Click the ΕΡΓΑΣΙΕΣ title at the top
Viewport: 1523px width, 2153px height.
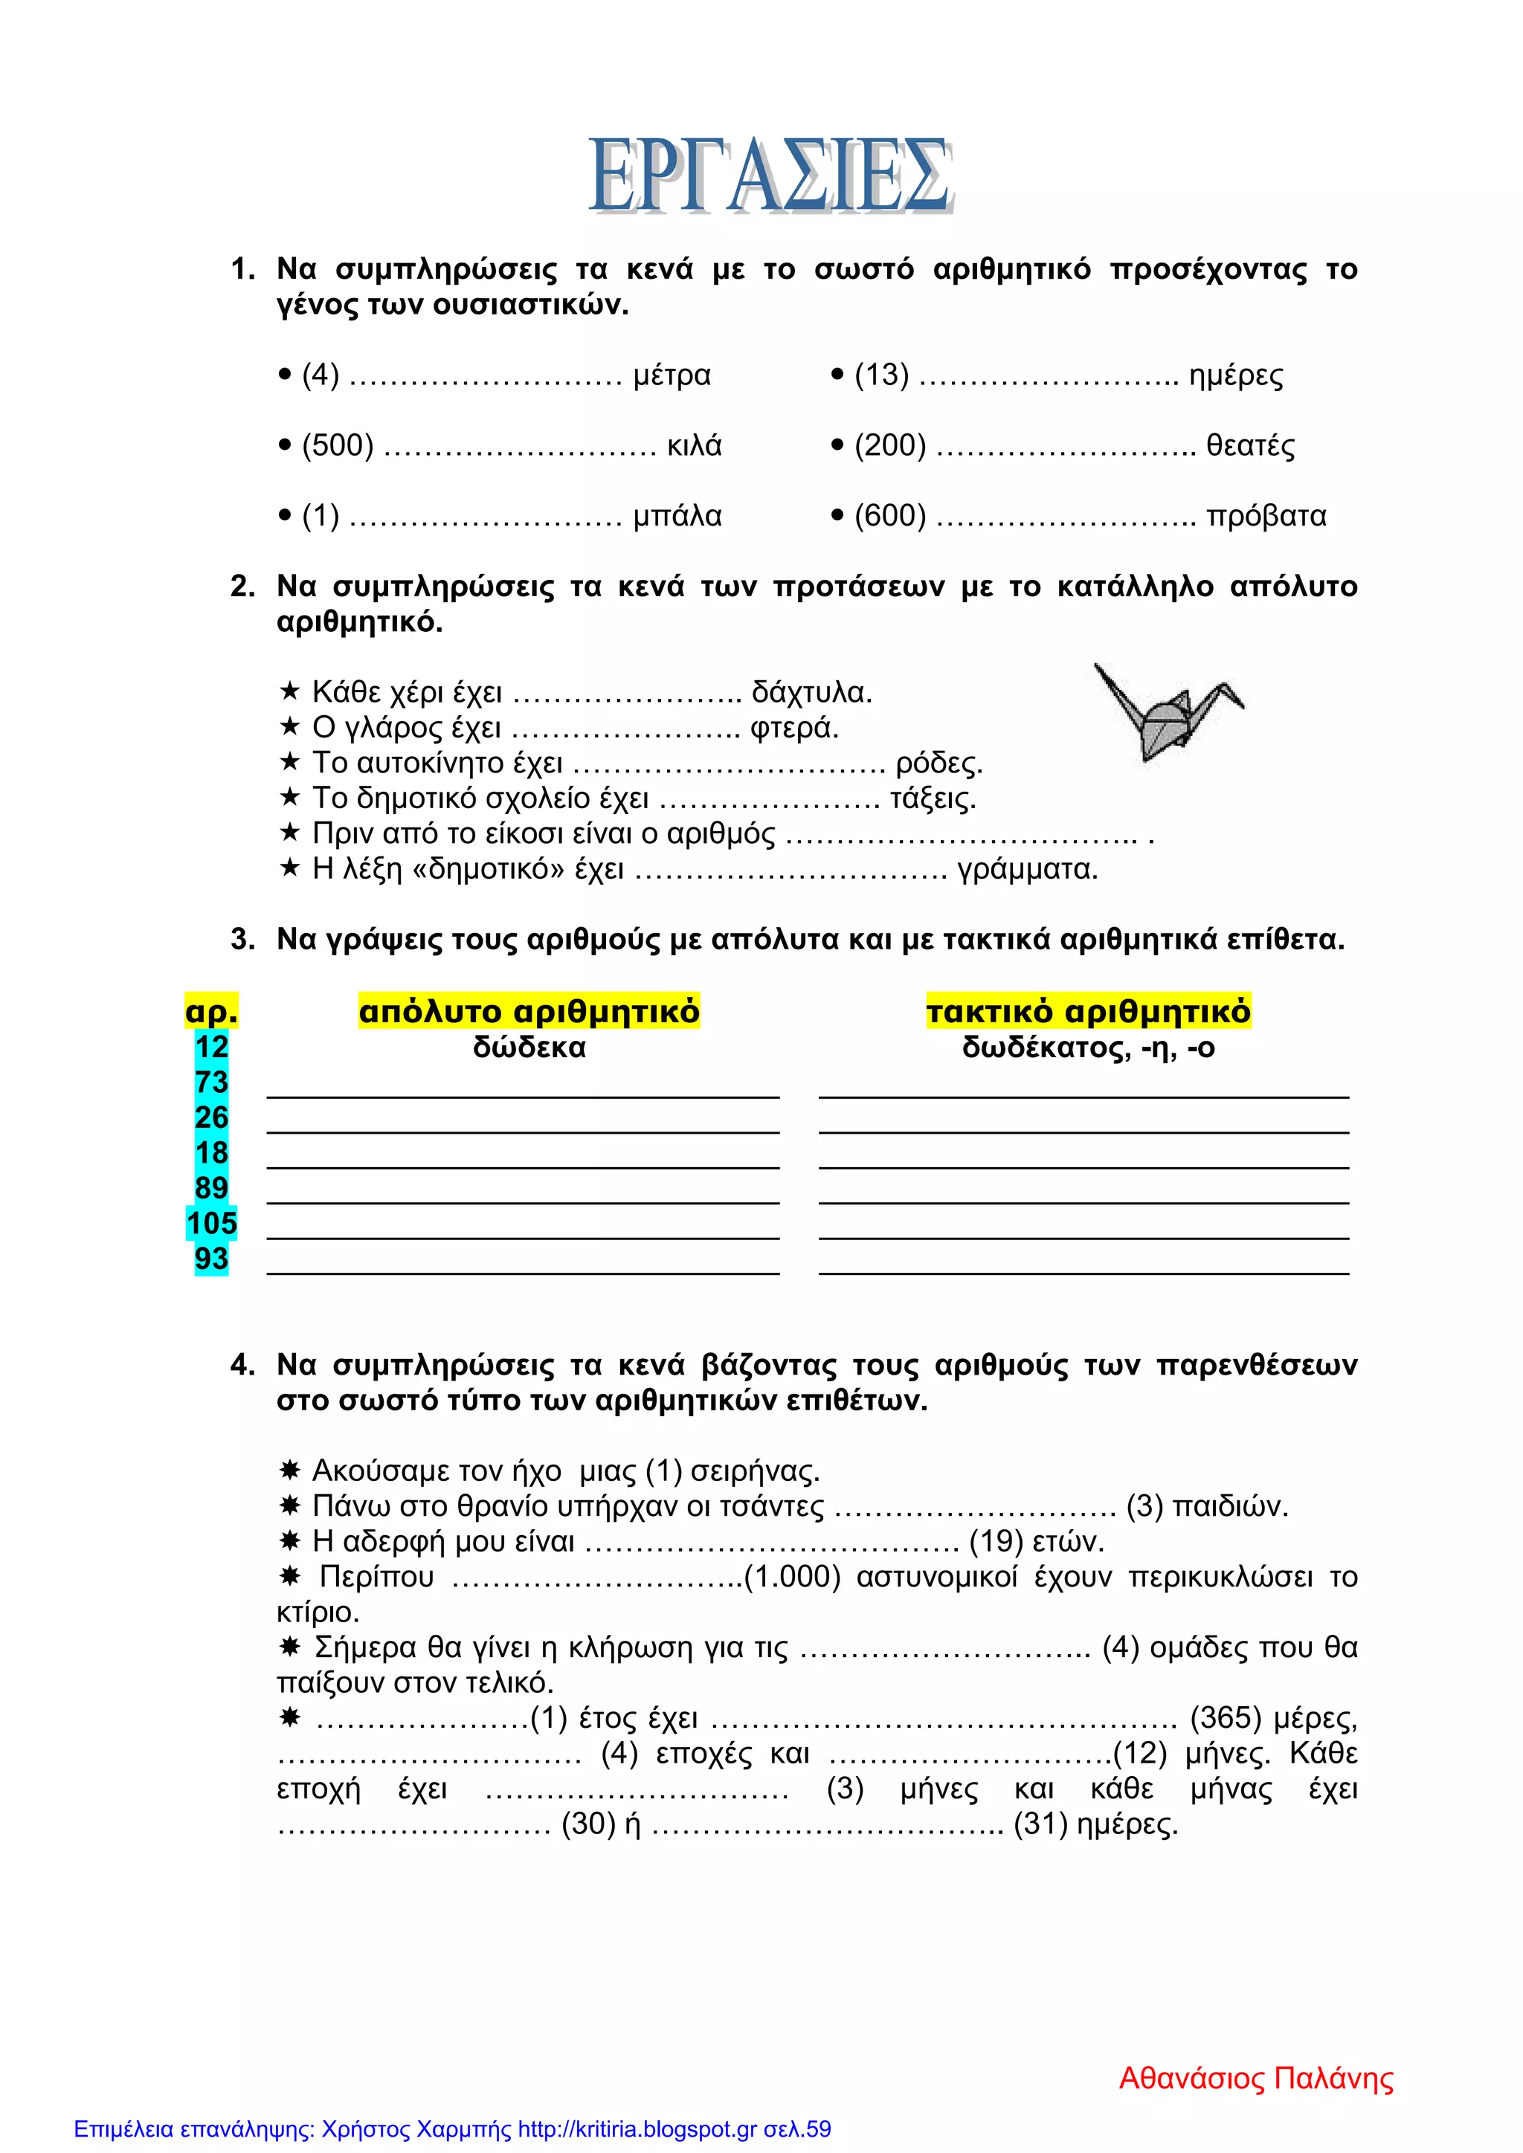771,176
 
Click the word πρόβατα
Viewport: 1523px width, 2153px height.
1266,516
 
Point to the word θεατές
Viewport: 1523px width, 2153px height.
1250,445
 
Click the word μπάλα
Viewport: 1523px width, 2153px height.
677,516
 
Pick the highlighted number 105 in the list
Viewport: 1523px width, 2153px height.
211,1224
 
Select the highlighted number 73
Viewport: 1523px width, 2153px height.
211,1082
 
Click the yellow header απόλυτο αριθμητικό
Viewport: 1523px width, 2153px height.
529,1012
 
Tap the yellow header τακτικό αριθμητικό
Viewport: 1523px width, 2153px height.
1088,1012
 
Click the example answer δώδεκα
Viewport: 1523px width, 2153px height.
529,1048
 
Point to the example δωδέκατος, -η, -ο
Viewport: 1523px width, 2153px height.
1088,1048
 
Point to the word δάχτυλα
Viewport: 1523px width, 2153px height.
811,693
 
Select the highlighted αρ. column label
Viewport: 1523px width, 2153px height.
211,1012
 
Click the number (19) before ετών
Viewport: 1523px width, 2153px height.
995,1542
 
